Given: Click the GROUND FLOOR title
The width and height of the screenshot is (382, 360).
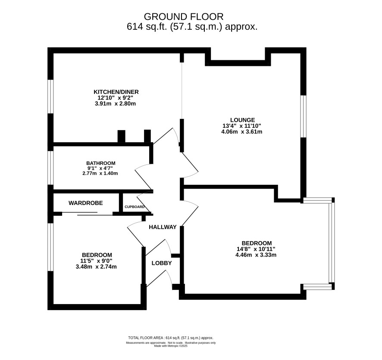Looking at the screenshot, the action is coord(183,16).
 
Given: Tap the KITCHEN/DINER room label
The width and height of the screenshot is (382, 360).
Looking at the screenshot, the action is coord(116,92).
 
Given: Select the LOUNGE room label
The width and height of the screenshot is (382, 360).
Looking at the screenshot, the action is coord(243,120).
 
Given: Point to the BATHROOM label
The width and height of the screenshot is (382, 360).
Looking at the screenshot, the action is coord(100,163).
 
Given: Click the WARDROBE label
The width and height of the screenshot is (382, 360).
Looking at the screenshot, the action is coord(85,203).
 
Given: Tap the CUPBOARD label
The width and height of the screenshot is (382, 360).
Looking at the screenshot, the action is coord(135,207).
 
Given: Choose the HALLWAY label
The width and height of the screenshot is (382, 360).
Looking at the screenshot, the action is coord(163,227).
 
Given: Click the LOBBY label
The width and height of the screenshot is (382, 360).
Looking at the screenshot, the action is coord(162,263).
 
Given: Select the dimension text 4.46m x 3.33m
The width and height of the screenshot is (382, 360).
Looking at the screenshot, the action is coord(256,255).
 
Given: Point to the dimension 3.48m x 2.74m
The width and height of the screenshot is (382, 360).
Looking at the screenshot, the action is coord(96,267).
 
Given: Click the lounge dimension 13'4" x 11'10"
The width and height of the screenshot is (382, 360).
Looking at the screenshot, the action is coord(242,126).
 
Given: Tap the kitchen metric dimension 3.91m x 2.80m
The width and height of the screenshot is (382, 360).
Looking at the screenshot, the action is coord(115,104).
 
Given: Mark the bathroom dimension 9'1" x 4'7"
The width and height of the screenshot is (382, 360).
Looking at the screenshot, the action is coord(100,168).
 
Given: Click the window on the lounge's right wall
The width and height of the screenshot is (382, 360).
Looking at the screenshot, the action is coord(303,116).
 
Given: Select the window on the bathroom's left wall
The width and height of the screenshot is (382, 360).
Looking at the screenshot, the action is coord(50,168).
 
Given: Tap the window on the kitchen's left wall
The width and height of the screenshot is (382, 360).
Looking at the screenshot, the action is coord(50,96).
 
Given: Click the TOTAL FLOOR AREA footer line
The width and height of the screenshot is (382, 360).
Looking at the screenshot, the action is coord(171,338).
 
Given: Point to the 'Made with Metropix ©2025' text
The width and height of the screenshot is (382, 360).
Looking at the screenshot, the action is coord(171,346).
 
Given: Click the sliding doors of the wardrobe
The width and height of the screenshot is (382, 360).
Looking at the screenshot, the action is coord(87,214).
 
